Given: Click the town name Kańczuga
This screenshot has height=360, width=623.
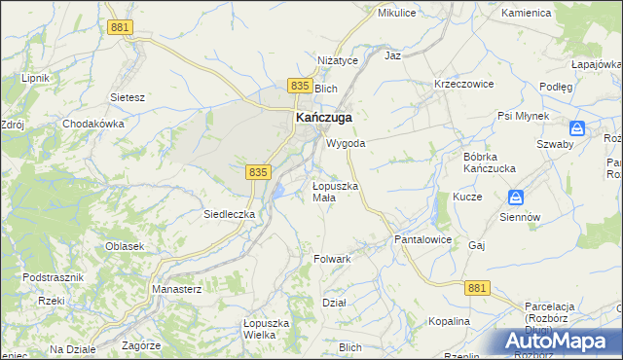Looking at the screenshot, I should tap(323, 117).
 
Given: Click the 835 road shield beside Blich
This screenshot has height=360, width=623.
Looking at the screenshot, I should tap(300, 87).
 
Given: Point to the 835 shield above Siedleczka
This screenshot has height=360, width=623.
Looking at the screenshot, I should tap(257, 171).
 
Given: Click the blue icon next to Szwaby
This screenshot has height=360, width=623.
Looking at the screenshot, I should tap(577, 127).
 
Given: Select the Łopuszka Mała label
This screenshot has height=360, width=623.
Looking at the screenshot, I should tap(336, 191).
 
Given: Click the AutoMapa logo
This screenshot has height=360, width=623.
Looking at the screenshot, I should tap(559, 342).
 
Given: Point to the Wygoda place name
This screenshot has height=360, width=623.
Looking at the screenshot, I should tap(346, 143).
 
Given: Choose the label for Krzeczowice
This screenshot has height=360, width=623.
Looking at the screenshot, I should tap(464, 85).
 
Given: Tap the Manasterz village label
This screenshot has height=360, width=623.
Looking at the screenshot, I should tap(175, 289).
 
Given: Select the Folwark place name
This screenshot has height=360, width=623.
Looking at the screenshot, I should tap(332, 259).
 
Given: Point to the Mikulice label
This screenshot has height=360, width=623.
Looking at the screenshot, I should tap(396, 14).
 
